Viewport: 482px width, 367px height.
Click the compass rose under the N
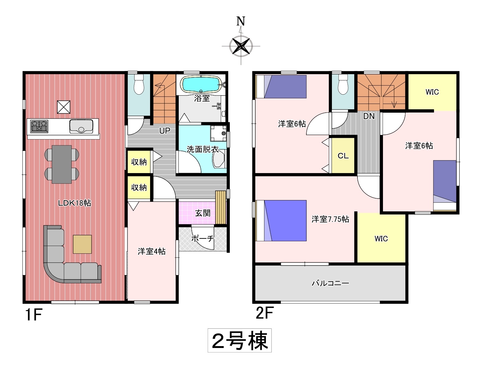[241, 46]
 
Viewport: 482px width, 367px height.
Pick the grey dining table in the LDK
[62, 164]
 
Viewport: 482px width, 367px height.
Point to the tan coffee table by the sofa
[82, 244]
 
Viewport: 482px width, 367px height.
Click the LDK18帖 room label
[74, 203]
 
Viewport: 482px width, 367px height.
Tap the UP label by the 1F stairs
[165, 131]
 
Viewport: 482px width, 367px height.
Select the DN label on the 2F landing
[369, 116]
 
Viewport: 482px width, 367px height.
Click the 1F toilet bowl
[139, 84]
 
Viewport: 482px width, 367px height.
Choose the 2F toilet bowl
[343, 84]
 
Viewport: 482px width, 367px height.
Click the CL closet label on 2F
[343, 156]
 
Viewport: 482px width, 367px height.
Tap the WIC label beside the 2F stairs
[432, 92]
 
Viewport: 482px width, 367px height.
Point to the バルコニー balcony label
[330, 283]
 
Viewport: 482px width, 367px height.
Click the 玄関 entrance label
[203, 213]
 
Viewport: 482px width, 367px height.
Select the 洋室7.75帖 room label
[330, 219]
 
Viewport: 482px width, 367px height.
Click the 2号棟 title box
[239, 341]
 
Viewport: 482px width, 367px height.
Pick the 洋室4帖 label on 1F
[152, 251]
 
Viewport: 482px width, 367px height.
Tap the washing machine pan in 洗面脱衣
[218, 134]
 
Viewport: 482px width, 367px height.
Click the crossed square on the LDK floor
[64, 107]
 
